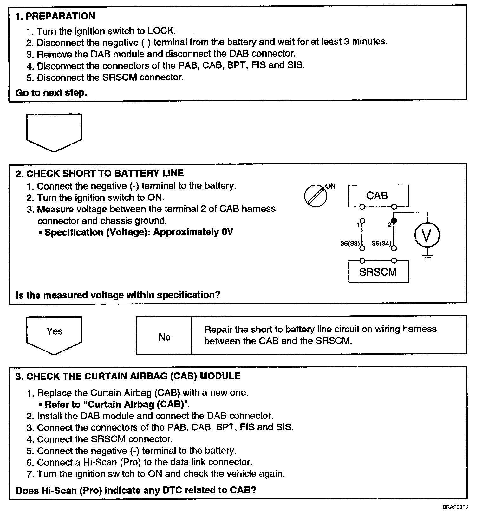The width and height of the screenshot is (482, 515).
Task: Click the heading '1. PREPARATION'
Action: click(55, 16)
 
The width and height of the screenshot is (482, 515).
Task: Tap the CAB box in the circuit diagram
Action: click(378, 196)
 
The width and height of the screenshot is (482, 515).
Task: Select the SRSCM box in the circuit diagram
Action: click(378, 272)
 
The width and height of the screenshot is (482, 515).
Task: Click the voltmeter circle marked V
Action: click(427, 235)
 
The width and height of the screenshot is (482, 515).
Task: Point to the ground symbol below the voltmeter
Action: click(427, 257)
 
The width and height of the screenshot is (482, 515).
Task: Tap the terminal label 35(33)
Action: click(350, 244)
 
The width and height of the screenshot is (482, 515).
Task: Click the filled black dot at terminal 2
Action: click(394, 220)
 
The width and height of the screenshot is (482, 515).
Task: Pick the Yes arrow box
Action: click(54, 333)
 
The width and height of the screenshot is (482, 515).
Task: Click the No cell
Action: click(164, 337)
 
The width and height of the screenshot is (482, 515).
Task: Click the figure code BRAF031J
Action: click(455, 507)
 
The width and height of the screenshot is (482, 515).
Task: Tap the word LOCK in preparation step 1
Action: click(161, 31)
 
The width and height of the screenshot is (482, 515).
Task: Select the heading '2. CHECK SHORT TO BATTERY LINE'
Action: click(100, 173)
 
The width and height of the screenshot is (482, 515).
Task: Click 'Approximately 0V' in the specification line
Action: click(193, 232)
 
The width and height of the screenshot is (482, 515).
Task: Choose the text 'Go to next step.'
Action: click(51, 93)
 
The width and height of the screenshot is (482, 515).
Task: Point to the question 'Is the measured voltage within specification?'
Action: click(118, 295)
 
